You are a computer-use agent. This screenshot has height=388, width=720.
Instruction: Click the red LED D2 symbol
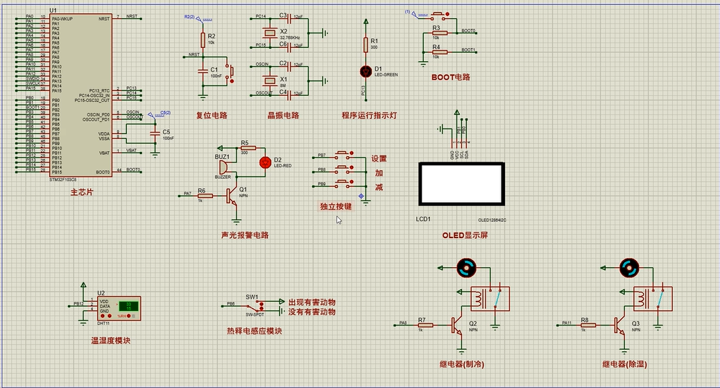264,162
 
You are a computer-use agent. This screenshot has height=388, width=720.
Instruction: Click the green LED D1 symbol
366,71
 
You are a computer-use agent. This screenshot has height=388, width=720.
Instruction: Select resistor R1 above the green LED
366,44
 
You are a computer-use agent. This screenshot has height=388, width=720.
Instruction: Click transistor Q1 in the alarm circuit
234,196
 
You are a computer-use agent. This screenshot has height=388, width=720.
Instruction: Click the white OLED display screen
459,184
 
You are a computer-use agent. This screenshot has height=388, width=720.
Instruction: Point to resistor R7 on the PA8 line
422,324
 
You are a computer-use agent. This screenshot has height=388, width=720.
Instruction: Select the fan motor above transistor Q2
465,267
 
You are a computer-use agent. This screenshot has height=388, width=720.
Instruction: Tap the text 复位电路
212,115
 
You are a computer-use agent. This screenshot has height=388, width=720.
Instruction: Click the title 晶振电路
283,115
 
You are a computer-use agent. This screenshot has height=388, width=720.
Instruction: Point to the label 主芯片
81,192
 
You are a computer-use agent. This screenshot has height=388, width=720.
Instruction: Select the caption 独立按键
336,206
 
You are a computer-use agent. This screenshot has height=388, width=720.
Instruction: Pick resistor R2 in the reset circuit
203,40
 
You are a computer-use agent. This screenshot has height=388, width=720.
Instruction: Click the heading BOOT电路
451,78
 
